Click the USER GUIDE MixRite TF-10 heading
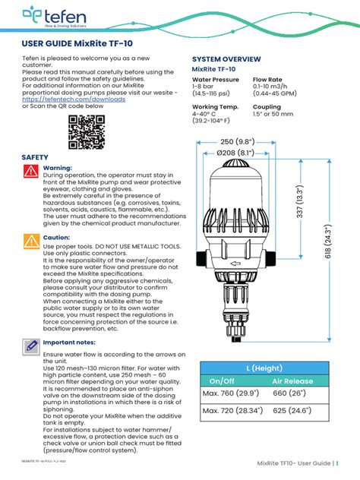click(77, 44)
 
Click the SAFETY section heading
click(35, 156)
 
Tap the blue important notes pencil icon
click(30, 347)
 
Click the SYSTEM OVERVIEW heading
click(226, 58)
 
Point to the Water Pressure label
click(215, 80)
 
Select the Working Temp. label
click(215, 107)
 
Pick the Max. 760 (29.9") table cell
click(232, 395)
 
